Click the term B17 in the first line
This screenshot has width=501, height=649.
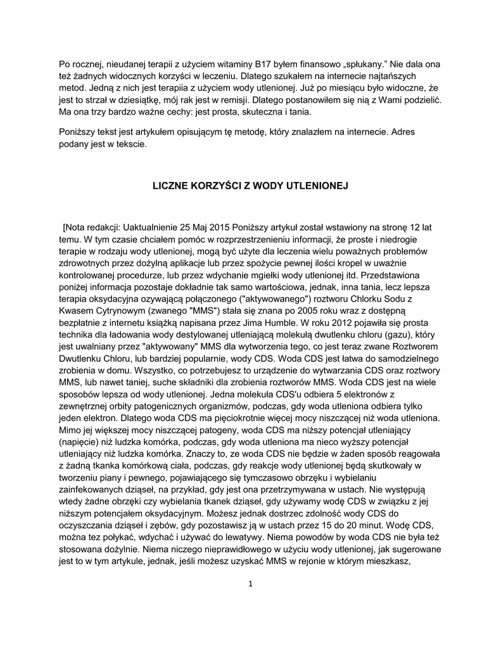(263, 64)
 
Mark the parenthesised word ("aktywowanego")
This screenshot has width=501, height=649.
(241, 299)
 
